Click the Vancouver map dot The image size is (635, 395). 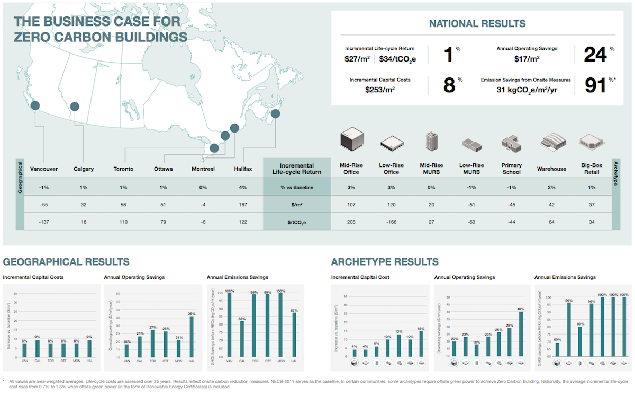coord(35,106)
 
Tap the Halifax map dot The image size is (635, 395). coord(275,113)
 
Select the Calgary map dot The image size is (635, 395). coord(75,107)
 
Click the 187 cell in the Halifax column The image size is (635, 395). coord(243,205)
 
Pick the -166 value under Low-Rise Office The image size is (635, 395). coord(392,222)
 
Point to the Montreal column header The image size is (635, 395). coord(203,169)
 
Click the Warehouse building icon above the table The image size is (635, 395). coord(551,142)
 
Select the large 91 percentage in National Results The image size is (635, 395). coord(595,85)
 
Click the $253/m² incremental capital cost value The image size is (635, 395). coord(380,90)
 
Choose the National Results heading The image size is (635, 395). coord(477,24)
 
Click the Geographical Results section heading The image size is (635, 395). coord(66,262)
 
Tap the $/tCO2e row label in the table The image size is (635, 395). coord(296,222)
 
